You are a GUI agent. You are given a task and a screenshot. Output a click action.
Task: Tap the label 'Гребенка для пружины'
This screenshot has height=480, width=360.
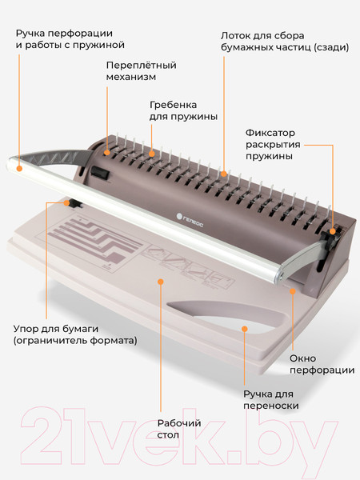[183, 110]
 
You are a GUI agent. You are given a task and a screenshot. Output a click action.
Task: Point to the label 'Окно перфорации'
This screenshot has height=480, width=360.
[322, 363]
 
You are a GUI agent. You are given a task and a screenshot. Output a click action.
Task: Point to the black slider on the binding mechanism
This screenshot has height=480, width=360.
[98, 171]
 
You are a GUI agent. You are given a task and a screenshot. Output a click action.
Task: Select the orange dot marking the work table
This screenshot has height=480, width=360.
[161, 281]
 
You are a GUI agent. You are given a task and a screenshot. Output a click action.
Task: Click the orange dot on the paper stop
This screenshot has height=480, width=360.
[68, 202]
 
